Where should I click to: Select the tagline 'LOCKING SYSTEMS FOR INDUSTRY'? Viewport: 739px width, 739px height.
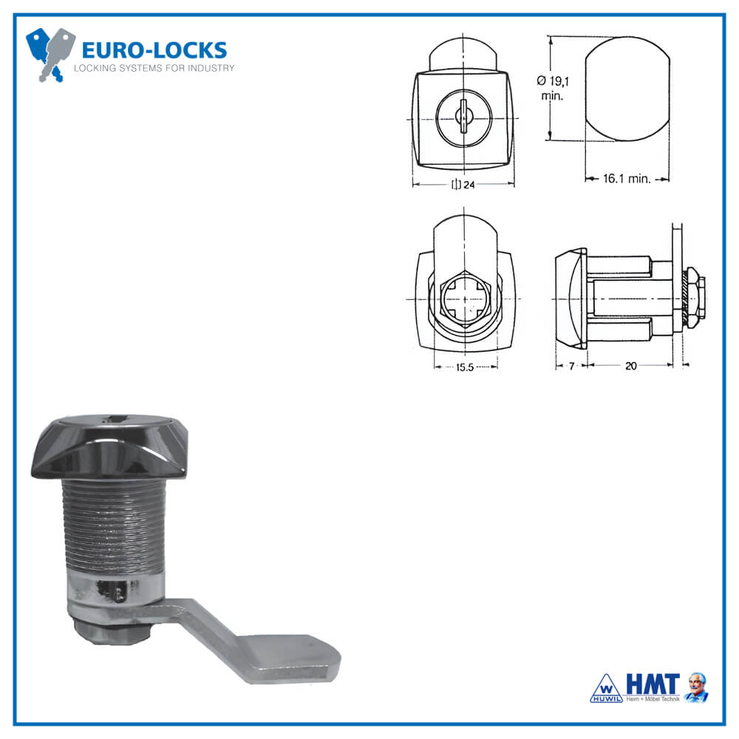pyautogui.click(x=154, y=69)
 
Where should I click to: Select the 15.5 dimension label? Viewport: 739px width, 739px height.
pyautogui.click(x=464, y=367)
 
